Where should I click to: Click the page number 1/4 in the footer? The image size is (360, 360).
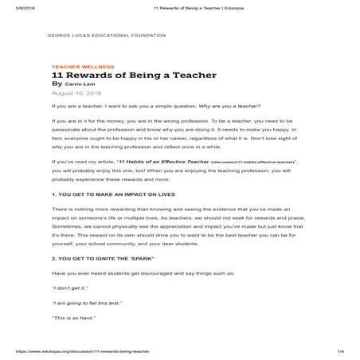tap(340, 351)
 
